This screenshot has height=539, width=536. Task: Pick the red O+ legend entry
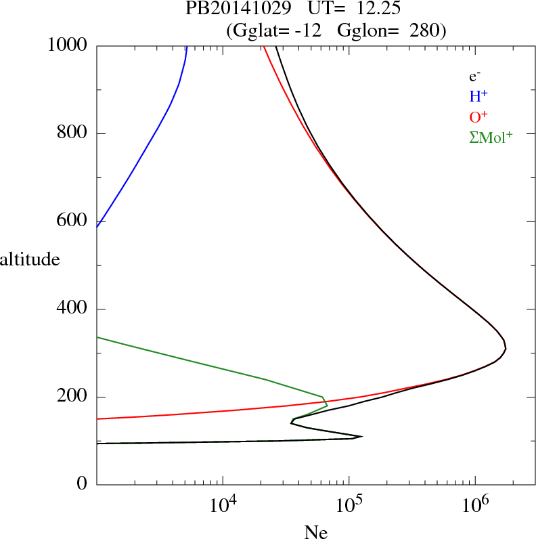click(x=477, y=116)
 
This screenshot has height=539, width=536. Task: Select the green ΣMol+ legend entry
click(x=491, y=137)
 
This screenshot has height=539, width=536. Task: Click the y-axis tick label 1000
click(x=68, y=45)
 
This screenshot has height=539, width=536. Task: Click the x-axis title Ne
click(x=316, y=532)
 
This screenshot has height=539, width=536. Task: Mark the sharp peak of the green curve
click(x=328, y=405)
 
